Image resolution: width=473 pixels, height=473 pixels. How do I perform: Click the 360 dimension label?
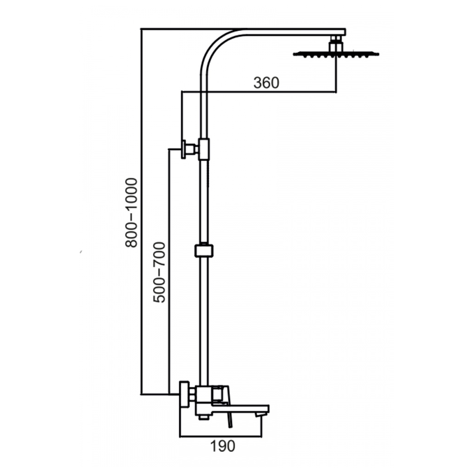click(x=267, y=83)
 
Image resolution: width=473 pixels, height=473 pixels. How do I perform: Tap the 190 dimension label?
click(x=222, y=446)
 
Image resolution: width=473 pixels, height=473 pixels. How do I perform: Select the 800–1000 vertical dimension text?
click(x=132, y=213)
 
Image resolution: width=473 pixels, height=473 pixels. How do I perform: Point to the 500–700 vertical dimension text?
click(x=159, y=272)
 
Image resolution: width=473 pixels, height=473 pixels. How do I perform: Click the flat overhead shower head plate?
click(x=336, y=55)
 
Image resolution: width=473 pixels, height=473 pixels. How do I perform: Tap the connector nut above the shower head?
click(x=336, y=43)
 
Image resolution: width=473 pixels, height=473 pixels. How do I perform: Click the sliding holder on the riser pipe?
click(x=204, y=250)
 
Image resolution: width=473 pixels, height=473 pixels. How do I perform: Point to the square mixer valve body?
click(x=204, y=398)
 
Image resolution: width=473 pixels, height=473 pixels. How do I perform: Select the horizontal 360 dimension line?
click(x=259, y=91)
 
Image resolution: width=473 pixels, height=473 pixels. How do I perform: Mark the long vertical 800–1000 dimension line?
click(x=141, y=211)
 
